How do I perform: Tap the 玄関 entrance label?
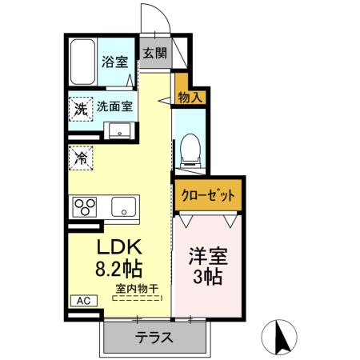(x=155, y=54)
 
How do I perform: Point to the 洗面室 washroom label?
(x=115, y=106)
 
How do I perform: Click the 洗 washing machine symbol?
(x=81, y=108)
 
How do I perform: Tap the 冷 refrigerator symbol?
(x=80, y=158)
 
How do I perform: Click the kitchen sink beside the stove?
(x=124, y=207)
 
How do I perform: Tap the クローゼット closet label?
(x=207, y=194)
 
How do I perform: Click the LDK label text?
(x=120, y=246)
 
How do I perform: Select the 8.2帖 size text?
(x=120, y=269)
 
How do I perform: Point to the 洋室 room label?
(x=208, y=258)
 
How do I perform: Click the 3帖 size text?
(x=208, y=278)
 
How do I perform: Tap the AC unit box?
(x=83, y=301)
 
